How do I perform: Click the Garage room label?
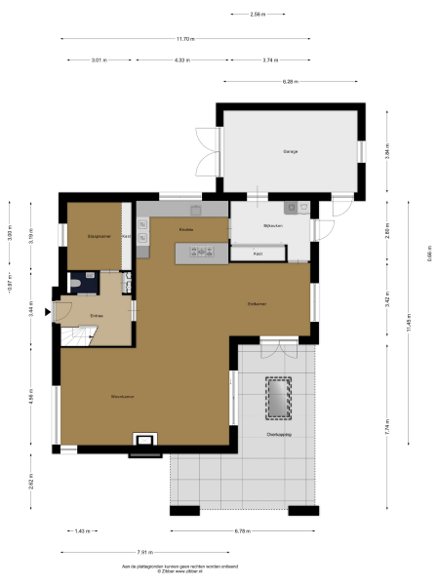291,152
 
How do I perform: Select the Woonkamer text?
122,397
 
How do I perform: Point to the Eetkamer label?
257,304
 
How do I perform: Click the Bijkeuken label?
272,226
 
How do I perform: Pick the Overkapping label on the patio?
279,435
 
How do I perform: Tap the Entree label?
97,317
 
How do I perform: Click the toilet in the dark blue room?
77,284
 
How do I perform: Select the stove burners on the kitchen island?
206,253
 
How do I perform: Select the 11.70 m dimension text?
185,39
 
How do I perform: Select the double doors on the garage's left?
205,152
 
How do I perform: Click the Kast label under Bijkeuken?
258,253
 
